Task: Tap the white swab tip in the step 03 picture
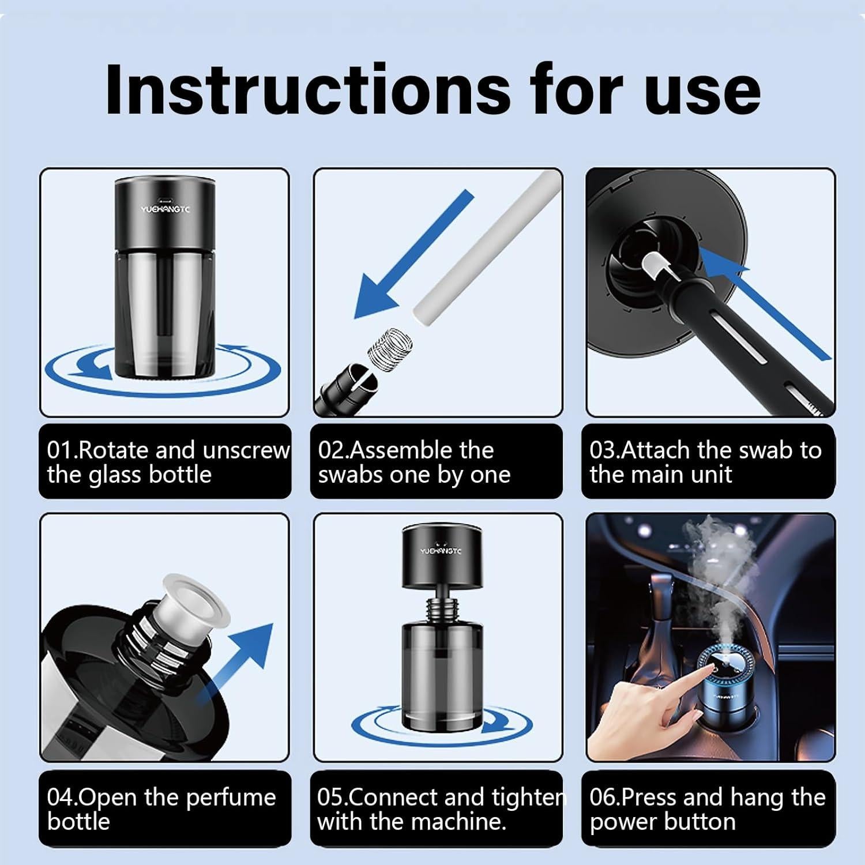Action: [x=652, y=265]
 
